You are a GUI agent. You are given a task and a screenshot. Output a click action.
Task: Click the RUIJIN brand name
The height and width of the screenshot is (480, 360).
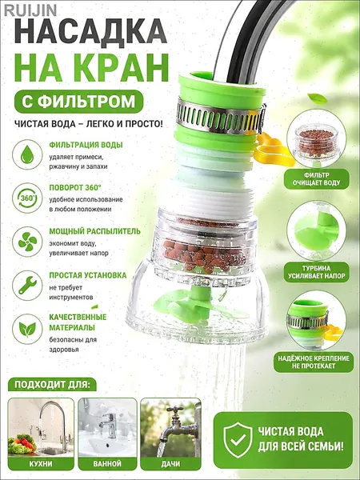tap(30, 10)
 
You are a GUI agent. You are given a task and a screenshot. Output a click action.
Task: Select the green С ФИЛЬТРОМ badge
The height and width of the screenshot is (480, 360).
tap(78, 102)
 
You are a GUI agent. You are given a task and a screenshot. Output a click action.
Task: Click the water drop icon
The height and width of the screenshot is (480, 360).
tap(27, 154)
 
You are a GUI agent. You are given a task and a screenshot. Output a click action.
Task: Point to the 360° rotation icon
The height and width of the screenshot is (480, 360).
tap(27, 198)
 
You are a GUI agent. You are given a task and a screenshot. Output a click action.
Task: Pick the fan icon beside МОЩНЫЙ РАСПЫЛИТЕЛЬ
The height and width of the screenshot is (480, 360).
tap(27, 242)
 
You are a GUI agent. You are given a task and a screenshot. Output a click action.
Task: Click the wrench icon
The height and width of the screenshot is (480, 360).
tap(27, 286)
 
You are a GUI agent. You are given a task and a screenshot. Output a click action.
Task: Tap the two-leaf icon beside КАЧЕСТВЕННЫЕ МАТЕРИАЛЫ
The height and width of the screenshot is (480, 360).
tap(27, 329)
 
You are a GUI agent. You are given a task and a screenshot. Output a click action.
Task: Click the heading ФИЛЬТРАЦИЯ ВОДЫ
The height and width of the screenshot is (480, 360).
tap(86, 145)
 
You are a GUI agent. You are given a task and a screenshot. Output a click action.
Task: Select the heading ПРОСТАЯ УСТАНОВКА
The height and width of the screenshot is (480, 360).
tap(88, 275)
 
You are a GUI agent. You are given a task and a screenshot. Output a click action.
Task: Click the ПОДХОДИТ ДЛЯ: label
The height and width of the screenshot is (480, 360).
tap(52, 385)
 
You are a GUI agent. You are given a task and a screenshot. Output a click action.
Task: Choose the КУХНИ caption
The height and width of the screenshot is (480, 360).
tap(41, 464)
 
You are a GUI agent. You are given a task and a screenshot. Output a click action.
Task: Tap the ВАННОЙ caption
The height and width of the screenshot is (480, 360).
tap(107, 464)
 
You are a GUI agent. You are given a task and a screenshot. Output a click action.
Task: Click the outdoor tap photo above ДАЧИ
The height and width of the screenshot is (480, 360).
tap(170, 427)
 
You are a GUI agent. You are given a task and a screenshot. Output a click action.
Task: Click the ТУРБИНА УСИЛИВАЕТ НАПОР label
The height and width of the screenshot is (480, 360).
tap(316, 272)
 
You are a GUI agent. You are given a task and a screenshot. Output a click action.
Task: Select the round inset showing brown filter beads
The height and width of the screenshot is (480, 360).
tap(316, 138)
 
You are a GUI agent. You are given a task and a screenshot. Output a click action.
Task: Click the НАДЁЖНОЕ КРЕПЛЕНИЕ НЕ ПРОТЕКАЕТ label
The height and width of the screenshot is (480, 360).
tap(314, 362)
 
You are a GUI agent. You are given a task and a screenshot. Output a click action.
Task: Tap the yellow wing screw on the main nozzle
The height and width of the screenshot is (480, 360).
tap(272, 150)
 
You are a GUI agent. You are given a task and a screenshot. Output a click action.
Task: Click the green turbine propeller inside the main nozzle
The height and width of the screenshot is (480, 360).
tap(198, 305)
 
